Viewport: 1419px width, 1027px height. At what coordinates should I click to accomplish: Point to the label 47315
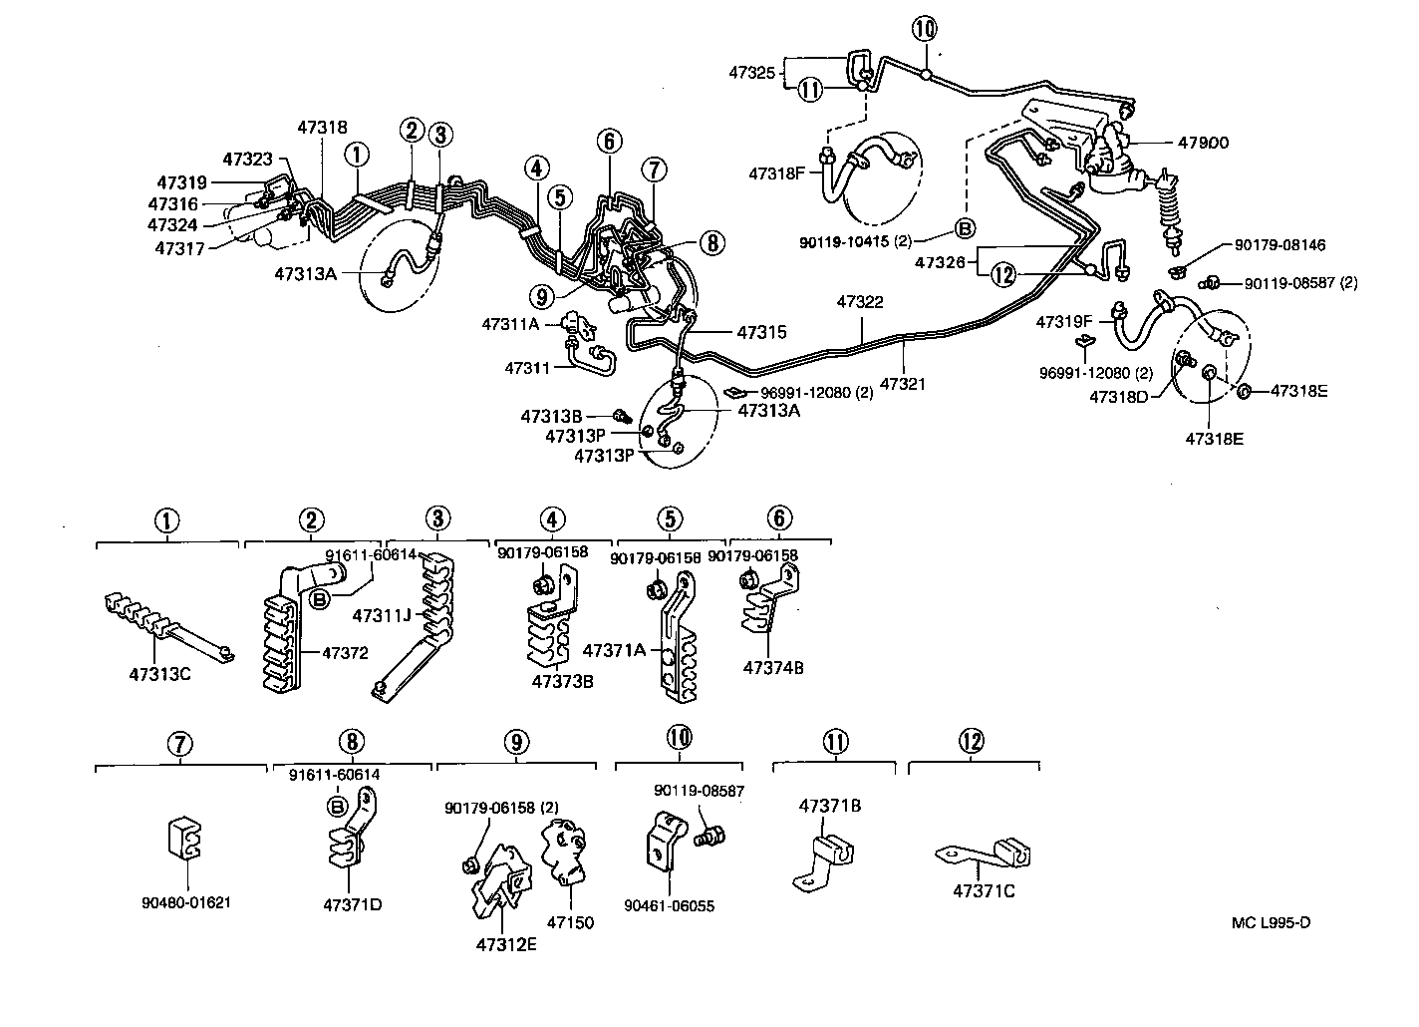pyautogui.click(x=762, y=332)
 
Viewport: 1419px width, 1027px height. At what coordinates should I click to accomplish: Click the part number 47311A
pyautogui.click(x=509, y=324)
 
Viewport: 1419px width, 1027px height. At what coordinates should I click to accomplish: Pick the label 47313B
pyautogui.click(x=551, y=415)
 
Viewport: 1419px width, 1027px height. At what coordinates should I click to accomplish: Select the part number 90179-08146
pyautogui.click(x=1279, y=245)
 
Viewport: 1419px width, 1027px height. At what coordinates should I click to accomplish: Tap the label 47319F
pyautogui.click(x=1065, y=322)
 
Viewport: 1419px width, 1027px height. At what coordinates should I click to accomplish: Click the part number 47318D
pyautogui.click(x=1118, y=397)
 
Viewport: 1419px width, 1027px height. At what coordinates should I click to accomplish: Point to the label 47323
pyautogui.click(x=247, y=159)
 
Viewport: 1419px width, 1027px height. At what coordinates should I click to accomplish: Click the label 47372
pyautogui.click(x=345, y=653)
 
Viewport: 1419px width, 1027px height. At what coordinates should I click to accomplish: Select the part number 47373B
pyautogui.click(x=562, y=681)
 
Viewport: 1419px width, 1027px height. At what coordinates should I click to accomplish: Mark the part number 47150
pyautogui.click(x=571, y=922)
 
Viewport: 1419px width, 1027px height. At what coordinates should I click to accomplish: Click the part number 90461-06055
pyautogui.click(x=669, y=906)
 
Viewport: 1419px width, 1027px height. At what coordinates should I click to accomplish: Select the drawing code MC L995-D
pyautogui.click(x=1271, y=921)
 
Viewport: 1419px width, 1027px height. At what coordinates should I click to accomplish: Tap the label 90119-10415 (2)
pyautogui.click(x=855, y=241)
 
